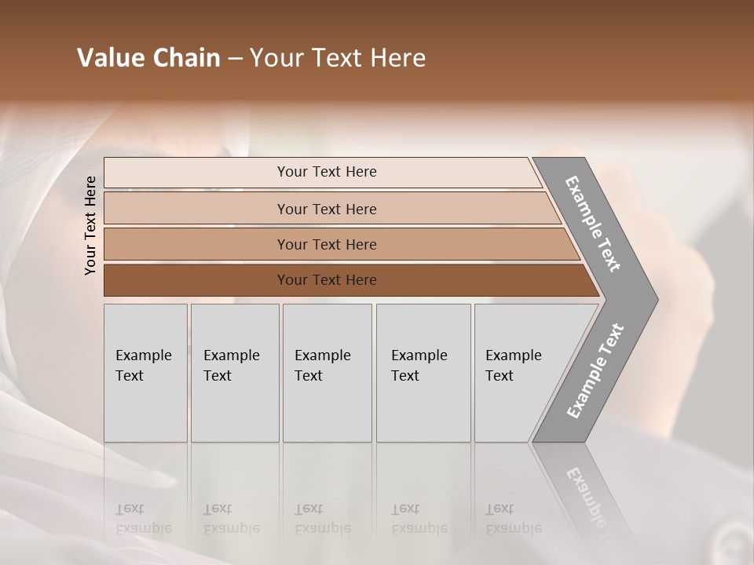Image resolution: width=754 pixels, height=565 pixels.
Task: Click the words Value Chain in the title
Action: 148,58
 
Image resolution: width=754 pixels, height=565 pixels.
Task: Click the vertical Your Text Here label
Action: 90,225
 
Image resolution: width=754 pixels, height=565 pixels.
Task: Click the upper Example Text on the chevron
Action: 593,224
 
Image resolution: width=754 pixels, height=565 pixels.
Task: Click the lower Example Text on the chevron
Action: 595,371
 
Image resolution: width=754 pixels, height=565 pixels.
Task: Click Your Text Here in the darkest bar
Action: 327,280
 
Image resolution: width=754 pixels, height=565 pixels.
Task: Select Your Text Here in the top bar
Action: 327,172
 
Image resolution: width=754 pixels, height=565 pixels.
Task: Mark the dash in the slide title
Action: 235,59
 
